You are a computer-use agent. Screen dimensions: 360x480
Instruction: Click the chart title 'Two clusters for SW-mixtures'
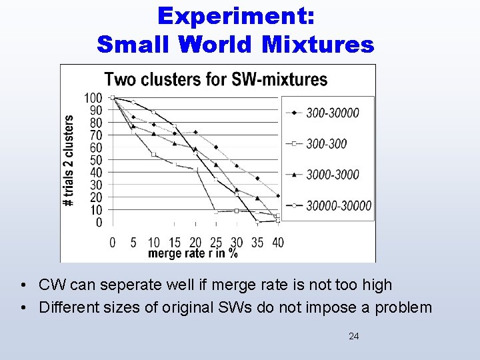(216, 80)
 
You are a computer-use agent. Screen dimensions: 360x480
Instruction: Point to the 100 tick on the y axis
(93, 98)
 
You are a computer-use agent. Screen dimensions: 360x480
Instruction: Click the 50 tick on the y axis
(96, 160)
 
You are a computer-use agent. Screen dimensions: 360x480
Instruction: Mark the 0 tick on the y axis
(99, 223)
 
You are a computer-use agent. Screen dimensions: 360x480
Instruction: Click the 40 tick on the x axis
(277, 241)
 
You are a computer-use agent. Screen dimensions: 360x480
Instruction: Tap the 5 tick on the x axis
(133, 241)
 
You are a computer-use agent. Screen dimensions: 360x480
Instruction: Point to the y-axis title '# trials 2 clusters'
(69, 160)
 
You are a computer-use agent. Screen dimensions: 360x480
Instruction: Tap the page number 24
(353, 337)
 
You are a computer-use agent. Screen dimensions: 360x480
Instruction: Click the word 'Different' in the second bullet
(66, 308)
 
